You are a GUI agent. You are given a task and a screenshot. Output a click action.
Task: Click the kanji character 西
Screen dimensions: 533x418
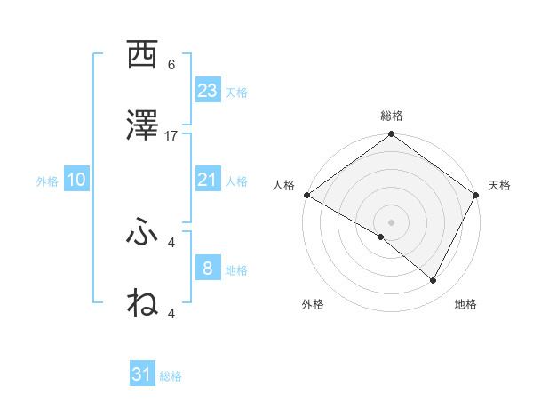143,56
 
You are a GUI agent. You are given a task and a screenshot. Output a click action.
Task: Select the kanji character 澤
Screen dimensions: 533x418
143,125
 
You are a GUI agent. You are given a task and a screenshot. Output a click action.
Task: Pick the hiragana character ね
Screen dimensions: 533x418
143,302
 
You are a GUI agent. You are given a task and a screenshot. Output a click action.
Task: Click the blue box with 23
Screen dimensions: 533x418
208,91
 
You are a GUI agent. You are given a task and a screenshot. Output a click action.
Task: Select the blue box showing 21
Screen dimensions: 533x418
208,180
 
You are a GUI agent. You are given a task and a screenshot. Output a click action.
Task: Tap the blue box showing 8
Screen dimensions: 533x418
208,269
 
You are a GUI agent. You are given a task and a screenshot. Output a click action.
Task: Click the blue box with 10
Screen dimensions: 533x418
76,180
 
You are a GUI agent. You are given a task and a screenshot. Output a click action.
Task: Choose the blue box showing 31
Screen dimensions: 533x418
142,374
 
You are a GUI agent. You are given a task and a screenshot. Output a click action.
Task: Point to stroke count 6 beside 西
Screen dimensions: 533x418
171,65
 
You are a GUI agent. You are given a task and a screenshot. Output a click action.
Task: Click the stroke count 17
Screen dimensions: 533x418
171,135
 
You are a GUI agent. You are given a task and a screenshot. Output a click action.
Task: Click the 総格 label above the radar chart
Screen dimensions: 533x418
391,117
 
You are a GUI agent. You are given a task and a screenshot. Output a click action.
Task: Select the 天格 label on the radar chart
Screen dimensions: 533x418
499,185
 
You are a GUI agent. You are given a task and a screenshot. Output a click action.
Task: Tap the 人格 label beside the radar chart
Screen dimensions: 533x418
283,185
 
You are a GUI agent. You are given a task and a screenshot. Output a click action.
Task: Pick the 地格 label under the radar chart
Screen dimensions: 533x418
465,304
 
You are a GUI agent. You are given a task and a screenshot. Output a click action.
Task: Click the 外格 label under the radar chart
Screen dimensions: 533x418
313,304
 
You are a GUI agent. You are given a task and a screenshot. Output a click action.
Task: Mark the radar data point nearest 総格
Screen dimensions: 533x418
391,135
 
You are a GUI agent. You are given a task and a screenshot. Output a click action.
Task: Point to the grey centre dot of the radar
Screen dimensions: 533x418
391,221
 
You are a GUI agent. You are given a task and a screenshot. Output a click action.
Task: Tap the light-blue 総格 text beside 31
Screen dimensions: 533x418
171,376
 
